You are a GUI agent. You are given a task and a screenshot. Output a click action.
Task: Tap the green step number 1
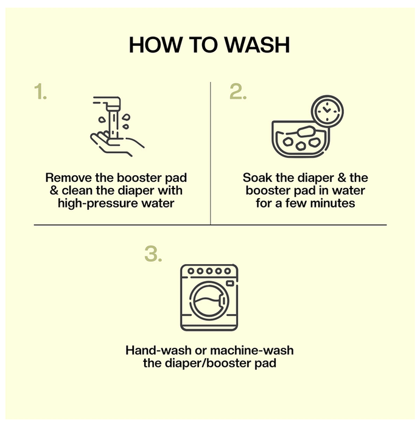41,91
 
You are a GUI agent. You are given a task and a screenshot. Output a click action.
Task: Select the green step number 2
238,91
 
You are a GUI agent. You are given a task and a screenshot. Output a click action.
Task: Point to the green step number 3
153,254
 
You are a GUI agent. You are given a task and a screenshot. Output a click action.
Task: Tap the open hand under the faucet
117,143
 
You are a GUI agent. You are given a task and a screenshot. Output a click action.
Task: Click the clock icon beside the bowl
327,111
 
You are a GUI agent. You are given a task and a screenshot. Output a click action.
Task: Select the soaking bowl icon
300,140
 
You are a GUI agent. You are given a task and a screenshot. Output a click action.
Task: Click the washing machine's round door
209,301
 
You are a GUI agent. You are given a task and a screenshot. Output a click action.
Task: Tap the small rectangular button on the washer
230,284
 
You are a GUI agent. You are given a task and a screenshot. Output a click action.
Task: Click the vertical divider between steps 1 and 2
211,153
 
